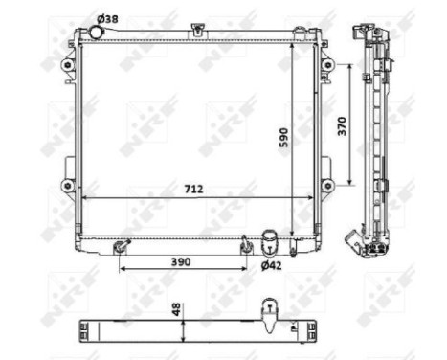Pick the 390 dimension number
pos(182,260)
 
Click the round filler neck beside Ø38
pos(94,34)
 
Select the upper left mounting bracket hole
pos(67,65)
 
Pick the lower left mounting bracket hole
pos(67,185)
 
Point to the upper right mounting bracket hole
pos(328,65)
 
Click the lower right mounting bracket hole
pos(328,185)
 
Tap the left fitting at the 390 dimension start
pos(120,248)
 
